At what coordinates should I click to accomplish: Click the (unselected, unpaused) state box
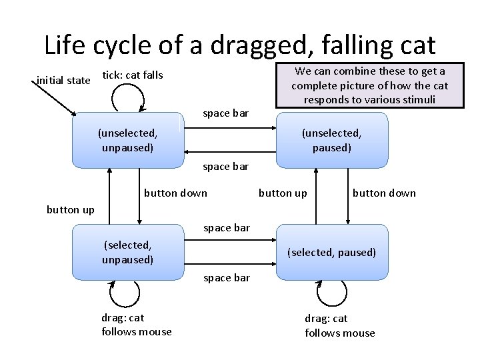click(x=127, y=140)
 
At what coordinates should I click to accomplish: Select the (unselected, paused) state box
click(x=331, y=140)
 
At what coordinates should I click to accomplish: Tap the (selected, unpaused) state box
click(x=127, y=252)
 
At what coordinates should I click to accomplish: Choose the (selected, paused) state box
click(x=331, y=252)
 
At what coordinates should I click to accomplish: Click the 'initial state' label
click(x=63, y=81)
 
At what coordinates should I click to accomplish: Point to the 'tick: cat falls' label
click(x=132, y=75)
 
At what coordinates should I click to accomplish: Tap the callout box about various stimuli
click(x=370, y=85)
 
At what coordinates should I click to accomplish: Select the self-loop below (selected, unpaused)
click(x=124, y=293)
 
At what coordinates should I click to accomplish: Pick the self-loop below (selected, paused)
click(x=331, y=293)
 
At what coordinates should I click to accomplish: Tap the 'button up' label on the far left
click(x=71, y=210)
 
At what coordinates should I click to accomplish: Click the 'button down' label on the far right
click(x=383, y=193)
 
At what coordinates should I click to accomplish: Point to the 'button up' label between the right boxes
click(x=283, y=193)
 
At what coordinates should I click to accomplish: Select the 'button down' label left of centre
click(x=175, y=193)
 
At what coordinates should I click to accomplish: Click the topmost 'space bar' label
click(x=225, y=113)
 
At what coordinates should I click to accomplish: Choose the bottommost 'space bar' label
click(x=227, y=277)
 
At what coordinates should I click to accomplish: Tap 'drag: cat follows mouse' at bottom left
click(x=136, y=325)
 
